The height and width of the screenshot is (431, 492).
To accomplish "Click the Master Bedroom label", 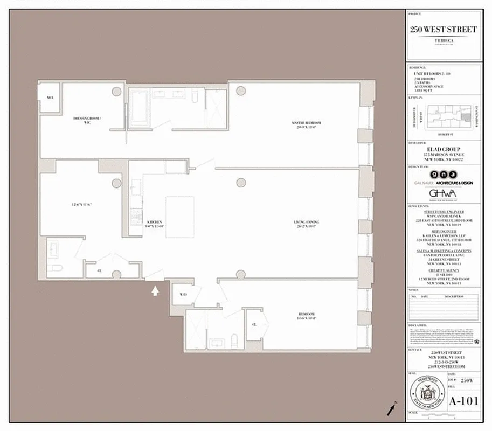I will [x=303, y=123].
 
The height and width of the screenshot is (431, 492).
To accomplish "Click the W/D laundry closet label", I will [x=183, y=294].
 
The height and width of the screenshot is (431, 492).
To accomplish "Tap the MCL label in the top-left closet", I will [x=51, y=98].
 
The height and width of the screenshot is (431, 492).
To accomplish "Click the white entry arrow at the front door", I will [x=156, y=291].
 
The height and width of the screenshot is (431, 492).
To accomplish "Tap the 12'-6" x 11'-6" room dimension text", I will [x=81, y=205].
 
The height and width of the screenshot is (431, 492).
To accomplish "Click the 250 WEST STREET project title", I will [x=442, y=30].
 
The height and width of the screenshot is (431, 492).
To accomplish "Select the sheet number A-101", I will [x=463, y=401].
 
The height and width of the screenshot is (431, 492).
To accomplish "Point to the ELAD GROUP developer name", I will [x=442, y=150].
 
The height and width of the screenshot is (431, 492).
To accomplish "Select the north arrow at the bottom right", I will [x=391, y=409].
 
